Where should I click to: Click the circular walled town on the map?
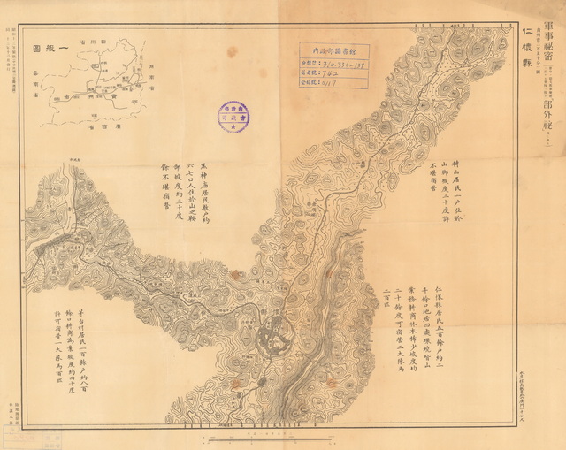(x=273, y=337)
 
